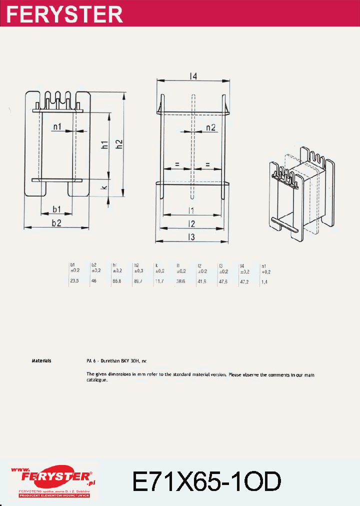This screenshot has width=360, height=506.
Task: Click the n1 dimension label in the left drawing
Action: click(57, 127)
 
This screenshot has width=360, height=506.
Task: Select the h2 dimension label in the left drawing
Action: click(119, 144)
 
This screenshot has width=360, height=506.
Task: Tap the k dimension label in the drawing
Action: click(104, 188)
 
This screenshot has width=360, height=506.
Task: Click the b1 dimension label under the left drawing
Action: click(57, 208)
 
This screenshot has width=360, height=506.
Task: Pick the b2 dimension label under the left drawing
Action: click(56, 223)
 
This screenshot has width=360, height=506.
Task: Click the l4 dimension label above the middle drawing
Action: click(193, 76)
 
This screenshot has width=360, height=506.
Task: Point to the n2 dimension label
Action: click(210, 127)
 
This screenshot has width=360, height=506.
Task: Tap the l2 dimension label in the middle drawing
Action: click(191, 223)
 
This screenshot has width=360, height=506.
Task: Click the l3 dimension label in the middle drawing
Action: click(191, 236)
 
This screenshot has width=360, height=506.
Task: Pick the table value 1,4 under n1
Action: click(264, 282)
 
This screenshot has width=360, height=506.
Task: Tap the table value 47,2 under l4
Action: click(244, 282)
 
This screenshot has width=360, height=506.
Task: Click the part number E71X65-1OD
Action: click(206, 481)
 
